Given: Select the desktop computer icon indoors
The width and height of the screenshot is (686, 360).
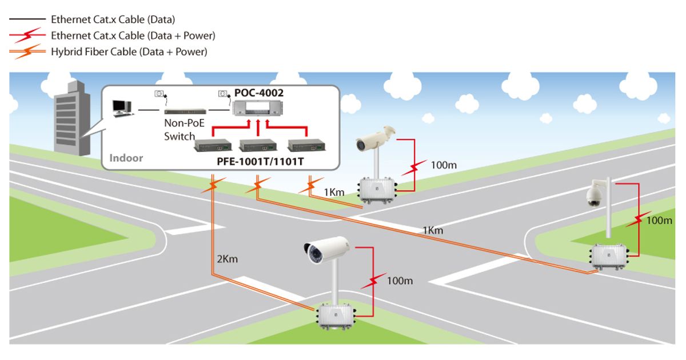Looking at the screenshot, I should (122, 107).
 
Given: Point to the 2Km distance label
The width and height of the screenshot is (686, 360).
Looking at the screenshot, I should (227, 259).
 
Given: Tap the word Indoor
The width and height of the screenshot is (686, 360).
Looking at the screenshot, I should (126, 158).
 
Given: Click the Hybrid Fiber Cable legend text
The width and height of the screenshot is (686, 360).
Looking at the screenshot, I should (129, 51).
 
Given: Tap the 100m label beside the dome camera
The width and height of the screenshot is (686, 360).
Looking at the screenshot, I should (659, 220).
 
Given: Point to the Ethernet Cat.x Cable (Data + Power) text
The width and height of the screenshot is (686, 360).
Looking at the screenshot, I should (133, 35).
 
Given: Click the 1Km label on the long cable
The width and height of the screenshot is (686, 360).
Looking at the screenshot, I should (433, 230).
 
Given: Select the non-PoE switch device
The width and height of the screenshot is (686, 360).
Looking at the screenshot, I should (181, 109).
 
